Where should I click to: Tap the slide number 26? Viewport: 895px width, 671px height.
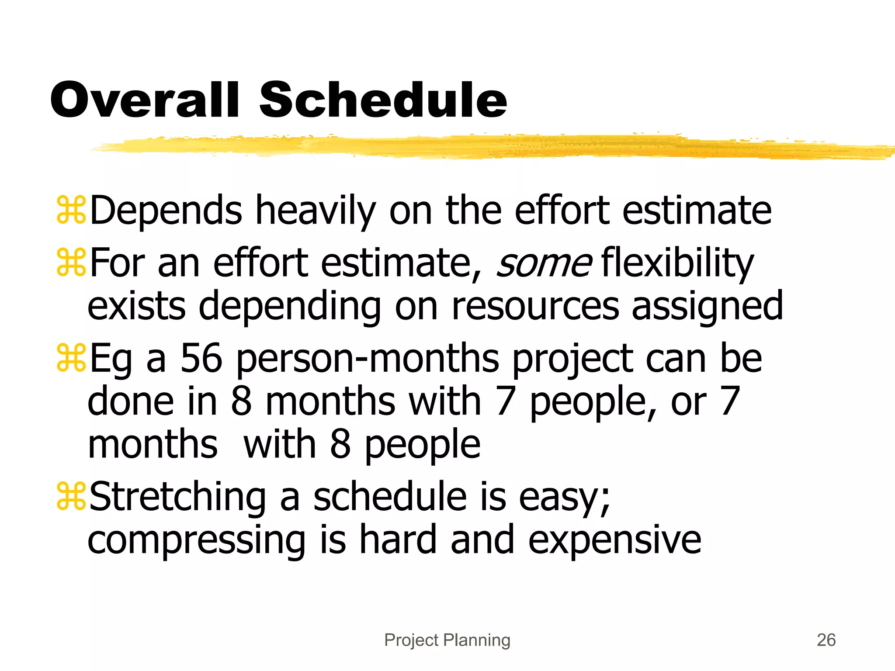pos(826,640)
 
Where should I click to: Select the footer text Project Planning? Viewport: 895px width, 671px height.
pos(447,640)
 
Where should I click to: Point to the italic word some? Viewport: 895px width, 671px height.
pos(544,263)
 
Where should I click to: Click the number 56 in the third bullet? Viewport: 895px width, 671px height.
pos(201,358)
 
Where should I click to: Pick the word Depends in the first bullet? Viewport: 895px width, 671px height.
pos(166,211)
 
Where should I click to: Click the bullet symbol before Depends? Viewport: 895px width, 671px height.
pos(71,211)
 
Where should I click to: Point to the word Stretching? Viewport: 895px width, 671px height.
pos(177,497)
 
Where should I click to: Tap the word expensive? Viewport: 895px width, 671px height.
pos(614,541)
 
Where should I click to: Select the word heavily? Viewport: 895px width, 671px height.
pos(316,211)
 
